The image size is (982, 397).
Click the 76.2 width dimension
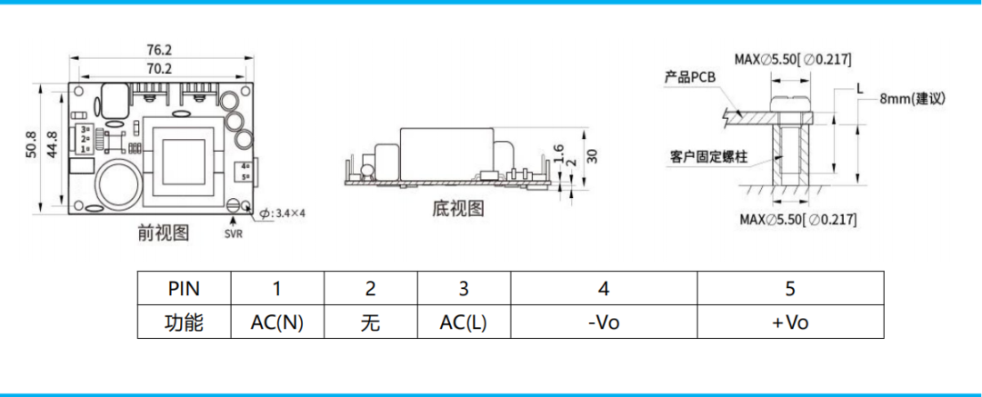160,50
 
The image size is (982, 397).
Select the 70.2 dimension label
160,68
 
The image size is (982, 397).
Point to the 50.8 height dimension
32,147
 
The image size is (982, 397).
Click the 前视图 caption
164,233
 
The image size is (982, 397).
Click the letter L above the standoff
859,88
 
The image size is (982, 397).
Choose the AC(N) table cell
277,323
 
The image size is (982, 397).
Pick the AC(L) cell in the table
463,323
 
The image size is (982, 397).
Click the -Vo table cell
603,323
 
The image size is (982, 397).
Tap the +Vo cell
789,323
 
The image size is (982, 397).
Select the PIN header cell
185,290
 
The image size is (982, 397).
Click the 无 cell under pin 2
370,323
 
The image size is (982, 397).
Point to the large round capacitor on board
117,185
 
